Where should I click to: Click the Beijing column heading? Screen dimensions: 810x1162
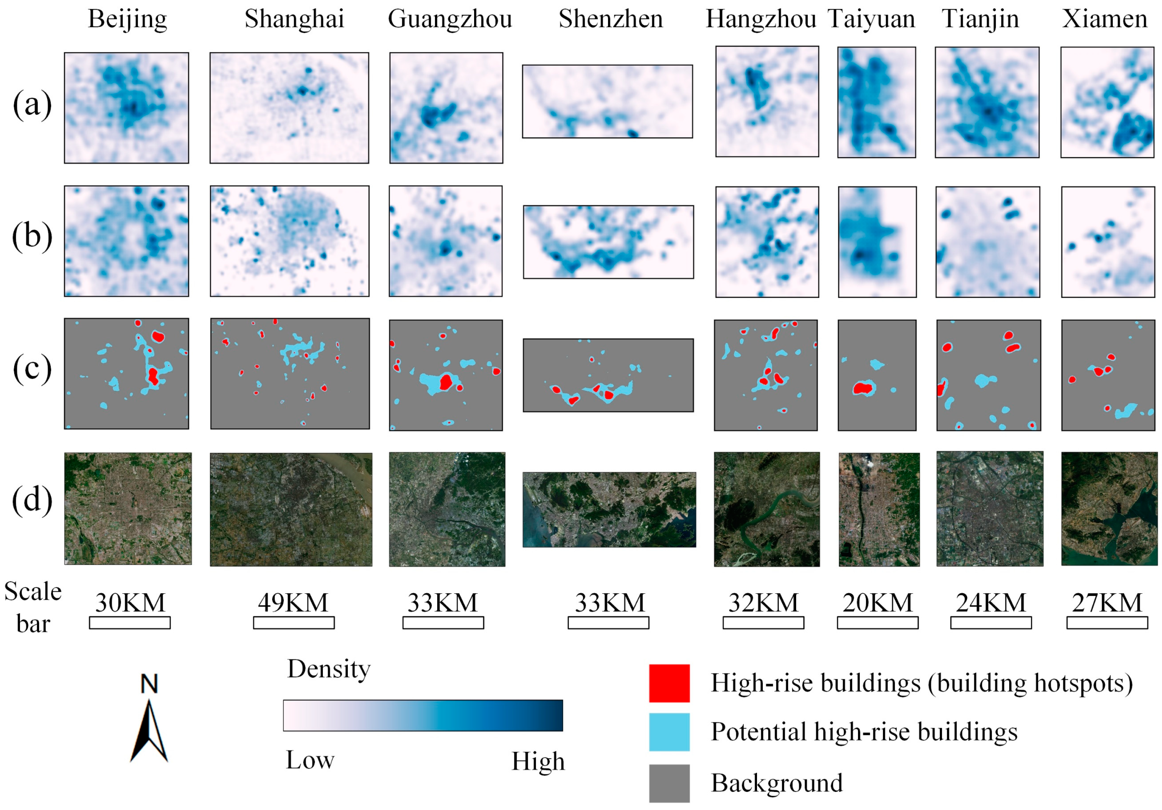(x=127, y=19)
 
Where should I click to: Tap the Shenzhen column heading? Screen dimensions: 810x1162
(x=610, y=19)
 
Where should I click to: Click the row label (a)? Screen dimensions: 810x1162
(x=32, y=105)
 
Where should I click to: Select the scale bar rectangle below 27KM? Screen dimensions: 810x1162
(x=1107, y=622)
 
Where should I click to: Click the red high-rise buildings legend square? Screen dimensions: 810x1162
(x=669, y=683)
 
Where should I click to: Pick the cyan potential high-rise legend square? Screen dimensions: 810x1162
(x=669, y=732)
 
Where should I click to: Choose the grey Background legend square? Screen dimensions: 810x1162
(x=669, y=783)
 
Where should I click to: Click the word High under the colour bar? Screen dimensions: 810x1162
(x=538, y=761)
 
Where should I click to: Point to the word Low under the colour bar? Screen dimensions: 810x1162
(x=310, y=760)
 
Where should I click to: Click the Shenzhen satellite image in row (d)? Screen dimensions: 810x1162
(x=609, y=510)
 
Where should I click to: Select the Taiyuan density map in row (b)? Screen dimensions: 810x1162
(x=877, y=242)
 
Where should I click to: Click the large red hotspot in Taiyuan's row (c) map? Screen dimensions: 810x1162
(x=863, y=388)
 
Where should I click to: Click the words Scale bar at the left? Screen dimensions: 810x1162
(x=33, y=607)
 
